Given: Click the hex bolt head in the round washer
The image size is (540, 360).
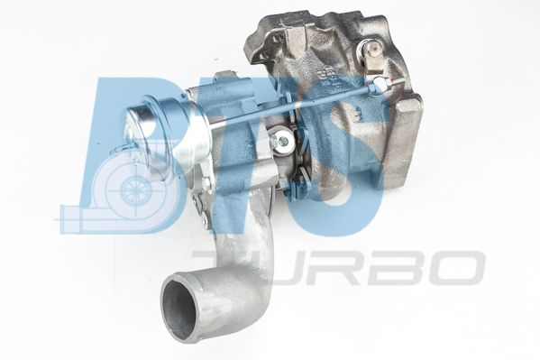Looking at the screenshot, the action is [283, 141].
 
